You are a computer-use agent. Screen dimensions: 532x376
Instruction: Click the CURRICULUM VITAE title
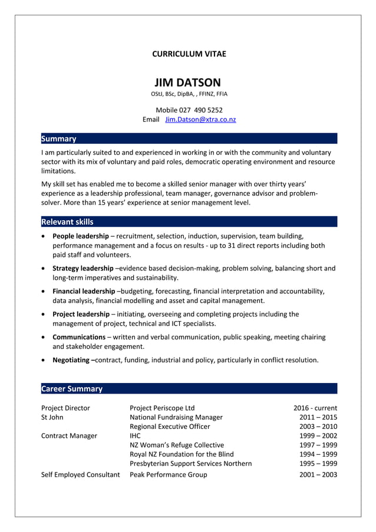pos(189,54)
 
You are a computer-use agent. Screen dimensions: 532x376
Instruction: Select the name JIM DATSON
pos(188,82)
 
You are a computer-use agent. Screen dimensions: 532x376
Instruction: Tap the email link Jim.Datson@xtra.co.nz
pos(200,120)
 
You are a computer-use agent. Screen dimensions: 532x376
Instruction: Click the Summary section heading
pos(58,139)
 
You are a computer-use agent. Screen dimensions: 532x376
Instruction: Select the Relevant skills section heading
pos(67,222)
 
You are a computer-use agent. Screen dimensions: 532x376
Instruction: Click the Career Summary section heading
pos(71,389)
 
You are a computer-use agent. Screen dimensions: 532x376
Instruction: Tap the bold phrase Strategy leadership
pos(83,268)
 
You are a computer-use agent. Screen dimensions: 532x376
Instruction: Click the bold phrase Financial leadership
pos(84,291)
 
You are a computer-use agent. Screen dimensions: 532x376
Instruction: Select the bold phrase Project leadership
pos(81,314)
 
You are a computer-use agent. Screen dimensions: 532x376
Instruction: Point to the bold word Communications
pos(79,337)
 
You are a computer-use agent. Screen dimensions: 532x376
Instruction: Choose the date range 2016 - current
pos(315,408)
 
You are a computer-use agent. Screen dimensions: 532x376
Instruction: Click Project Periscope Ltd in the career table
pos(162,408)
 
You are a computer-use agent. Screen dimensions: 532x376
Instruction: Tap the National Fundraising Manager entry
pos(176,417)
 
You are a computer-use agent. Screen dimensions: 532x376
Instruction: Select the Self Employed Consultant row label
pos(81,474)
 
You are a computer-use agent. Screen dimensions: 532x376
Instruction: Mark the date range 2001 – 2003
pos(318,474)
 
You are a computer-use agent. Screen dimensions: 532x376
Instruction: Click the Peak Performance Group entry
pos(169,474)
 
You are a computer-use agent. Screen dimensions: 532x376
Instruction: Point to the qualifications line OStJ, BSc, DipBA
pos(189,94)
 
